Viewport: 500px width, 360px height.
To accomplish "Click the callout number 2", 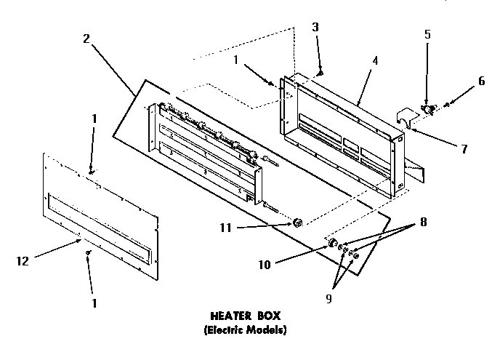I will pos(86,39).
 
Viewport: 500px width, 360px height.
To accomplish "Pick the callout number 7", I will pos(463,148).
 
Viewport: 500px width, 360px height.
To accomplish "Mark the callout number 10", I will pos(266,265).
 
